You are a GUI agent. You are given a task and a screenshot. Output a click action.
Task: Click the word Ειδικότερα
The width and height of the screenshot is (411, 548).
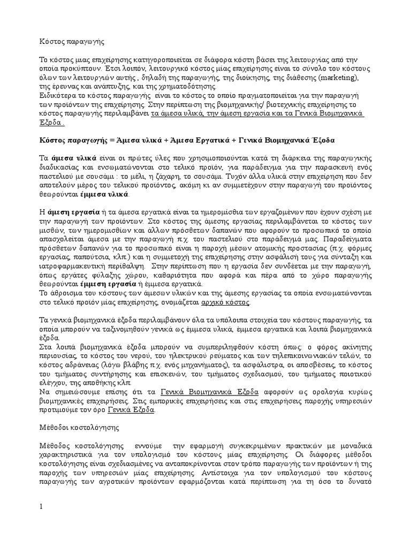(58, 96)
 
